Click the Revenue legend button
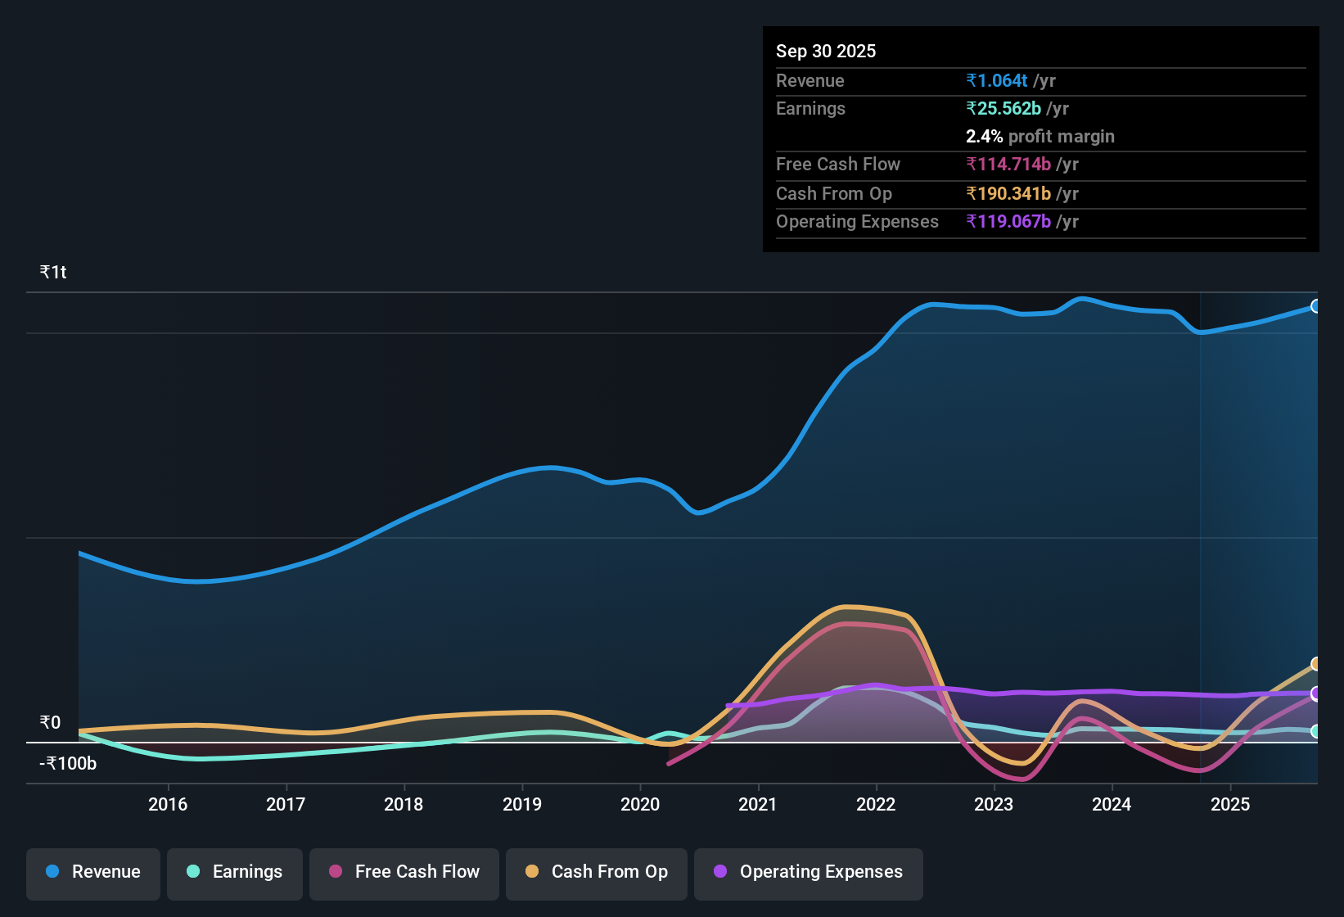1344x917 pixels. [93, 872]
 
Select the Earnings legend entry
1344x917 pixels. [235, 872]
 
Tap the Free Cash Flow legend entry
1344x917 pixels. [404, 872]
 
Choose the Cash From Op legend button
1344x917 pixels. [597, 872]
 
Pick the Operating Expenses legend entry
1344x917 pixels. [809, 872]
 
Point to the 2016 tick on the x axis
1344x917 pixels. [168, 804]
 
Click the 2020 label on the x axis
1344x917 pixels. [640, 804]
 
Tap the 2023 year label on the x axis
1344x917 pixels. [994, 804]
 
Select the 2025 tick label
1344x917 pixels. [1230, 804]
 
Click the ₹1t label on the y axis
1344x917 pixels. [53, 272]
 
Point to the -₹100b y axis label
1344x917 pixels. [68, 763]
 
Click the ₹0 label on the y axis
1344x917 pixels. [51, 722]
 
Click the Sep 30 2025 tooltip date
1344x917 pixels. [826, 51]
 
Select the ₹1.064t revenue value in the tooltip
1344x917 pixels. [997, 80]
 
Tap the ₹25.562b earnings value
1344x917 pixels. [1003, 108]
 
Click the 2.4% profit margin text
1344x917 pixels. [1040, 136]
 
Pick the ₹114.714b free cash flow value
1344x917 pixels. [1008, 164]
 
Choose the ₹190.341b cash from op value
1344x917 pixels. [1008, 193]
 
